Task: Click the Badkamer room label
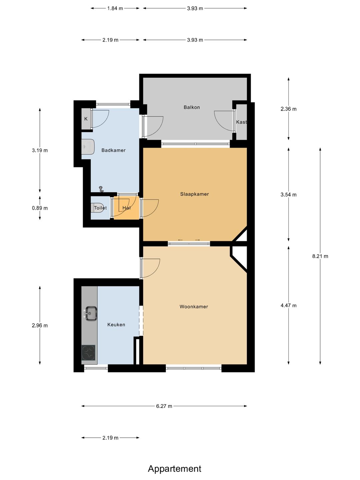(x=113, y=150)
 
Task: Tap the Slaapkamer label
(x=194, y=194)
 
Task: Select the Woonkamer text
(x=194, y=307)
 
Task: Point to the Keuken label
(x=116, y=325)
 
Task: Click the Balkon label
(x=192, y=107)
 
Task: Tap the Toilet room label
(x=100, y=208)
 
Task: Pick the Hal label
(x=126, y=208)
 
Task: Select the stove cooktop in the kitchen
(x=89, y=353)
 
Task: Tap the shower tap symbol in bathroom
(x=101, y=189)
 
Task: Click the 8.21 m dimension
(x=320, y=256)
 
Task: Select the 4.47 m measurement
(x=289, y=305)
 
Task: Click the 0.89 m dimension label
(x=40, y=208)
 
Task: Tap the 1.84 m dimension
(x=115, y=8)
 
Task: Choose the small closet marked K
(x=86, y=119)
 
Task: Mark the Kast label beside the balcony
(x=241, y=122)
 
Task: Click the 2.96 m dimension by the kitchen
(x=40, y=325)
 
